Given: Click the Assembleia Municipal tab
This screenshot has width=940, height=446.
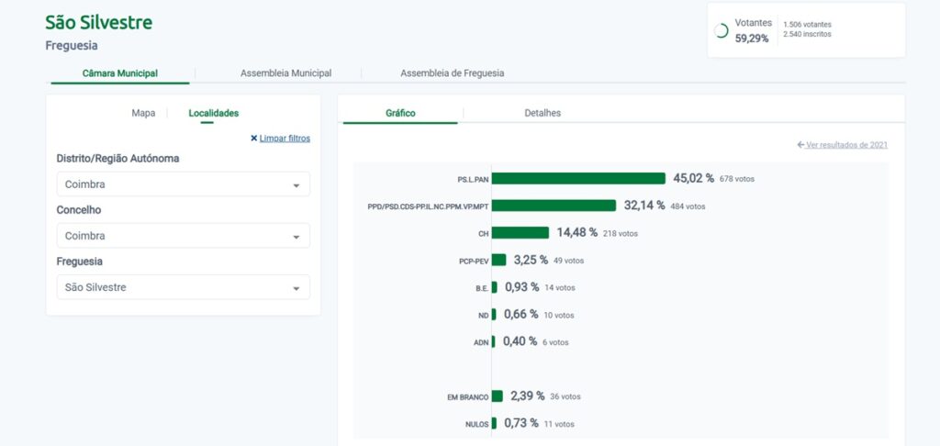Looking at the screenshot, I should (285, 72).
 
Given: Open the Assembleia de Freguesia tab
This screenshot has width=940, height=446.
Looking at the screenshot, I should (452, 72).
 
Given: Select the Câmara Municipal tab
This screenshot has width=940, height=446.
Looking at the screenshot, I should (120, 72).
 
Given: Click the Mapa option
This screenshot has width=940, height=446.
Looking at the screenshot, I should (143, 113).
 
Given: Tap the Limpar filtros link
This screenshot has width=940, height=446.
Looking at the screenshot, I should (284, 139).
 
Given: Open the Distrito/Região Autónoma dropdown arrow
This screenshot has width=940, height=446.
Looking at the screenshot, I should (296, 185).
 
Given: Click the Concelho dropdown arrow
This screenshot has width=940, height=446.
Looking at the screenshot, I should (296, 237).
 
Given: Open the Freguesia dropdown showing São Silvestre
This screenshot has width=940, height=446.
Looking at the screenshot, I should (183, 287).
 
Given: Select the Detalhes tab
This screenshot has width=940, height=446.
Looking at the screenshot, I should (543, 113).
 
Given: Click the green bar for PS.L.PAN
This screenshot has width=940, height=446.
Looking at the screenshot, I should (578, 178).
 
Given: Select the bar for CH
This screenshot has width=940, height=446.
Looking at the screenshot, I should (520, 233).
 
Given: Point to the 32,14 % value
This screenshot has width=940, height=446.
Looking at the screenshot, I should (644, 206).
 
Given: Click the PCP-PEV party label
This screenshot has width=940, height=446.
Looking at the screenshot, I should (474, 261).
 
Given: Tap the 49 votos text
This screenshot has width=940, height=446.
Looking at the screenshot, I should (568, 261).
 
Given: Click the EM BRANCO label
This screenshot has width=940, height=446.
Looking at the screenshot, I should (468, 396).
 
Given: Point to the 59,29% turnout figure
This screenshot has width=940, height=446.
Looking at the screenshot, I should (752, 39).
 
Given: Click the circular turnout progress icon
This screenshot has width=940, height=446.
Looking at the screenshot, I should (722, 30).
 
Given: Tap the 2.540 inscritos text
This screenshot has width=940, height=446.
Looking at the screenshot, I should (808, 35).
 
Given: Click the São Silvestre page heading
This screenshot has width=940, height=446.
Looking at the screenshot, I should (99, 22).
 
